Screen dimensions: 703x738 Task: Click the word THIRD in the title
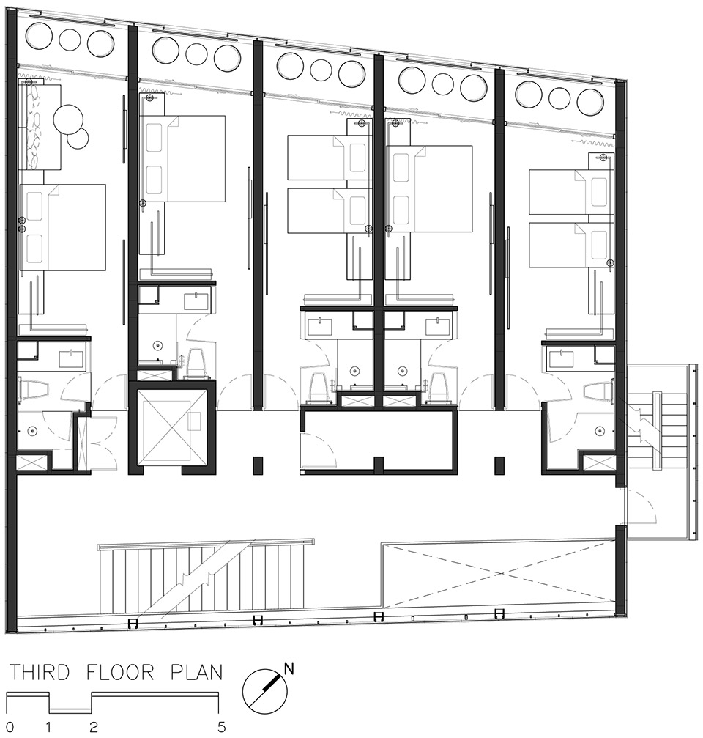click(40, 672)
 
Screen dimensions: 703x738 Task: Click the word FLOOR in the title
click(120, 672)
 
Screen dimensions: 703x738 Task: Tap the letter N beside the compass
click(289, 669)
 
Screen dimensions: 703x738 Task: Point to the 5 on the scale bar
click(221, 727)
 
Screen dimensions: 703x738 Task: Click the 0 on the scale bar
click(10, 727)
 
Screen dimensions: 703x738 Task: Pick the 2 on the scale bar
click(94, 727)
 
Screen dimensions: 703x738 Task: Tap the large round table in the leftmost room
click(69, 118)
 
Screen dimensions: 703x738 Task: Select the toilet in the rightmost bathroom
click(598, 391)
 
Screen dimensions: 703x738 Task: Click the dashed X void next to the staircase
click(499, 575)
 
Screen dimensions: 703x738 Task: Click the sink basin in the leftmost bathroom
click(72, 359)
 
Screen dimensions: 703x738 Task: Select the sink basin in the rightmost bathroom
click(560, 359)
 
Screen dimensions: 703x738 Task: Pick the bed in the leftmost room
click(62, 227)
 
